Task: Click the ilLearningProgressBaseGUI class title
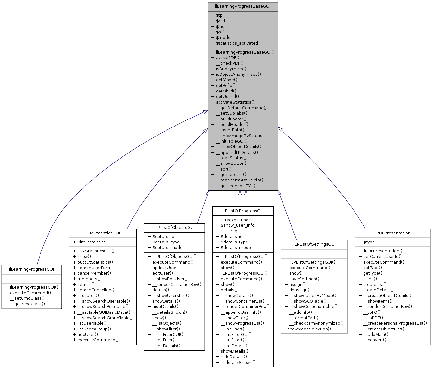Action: point(243,6)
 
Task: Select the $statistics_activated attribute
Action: point(237,43)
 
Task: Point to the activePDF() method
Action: point(227,58)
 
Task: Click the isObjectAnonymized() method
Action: point(238,74)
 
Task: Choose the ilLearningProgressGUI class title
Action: point(32,269)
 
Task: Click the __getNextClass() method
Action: point(27,304)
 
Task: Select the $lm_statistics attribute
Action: point(91,242)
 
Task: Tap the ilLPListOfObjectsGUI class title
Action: point(174,227)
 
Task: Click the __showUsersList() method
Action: point(171,295)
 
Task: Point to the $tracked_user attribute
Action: point(235,220)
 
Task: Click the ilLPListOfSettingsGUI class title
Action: point(314,244)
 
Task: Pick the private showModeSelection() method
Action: point(309,329)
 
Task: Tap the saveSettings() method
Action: point(304,279)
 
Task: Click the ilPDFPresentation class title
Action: point(392,233)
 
